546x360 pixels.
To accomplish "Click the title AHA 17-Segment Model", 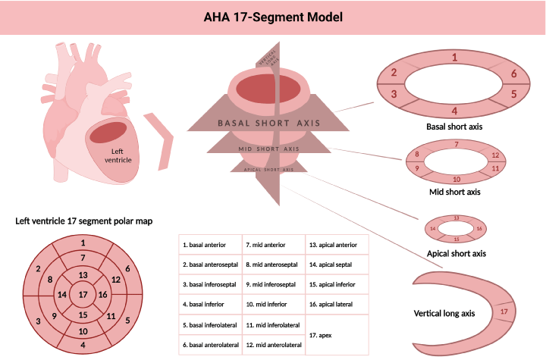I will (272, 17).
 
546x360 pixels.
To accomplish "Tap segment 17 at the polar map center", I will (83, 294).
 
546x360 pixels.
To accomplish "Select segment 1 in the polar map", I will (83, 243).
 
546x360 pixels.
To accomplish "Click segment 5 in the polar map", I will (127, 320).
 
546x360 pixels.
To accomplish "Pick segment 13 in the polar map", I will (83, 274).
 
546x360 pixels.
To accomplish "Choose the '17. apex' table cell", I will (337, 334).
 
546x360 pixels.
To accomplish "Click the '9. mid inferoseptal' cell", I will (274, 285).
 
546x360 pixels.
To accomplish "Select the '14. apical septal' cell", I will (337, 265).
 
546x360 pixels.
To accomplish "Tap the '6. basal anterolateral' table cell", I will (210, 345).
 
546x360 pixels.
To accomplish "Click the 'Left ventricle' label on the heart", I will (117, 155).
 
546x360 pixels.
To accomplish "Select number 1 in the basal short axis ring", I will (453, 57).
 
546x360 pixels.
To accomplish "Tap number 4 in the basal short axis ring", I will (453, 110).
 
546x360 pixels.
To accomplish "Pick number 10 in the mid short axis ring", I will (456, 180).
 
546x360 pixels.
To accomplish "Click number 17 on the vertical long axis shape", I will (504, 311).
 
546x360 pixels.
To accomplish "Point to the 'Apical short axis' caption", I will (457, 253).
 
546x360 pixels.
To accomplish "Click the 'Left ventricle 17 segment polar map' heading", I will (84, 221).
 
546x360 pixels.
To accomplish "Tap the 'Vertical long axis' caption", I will (444, 313).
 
